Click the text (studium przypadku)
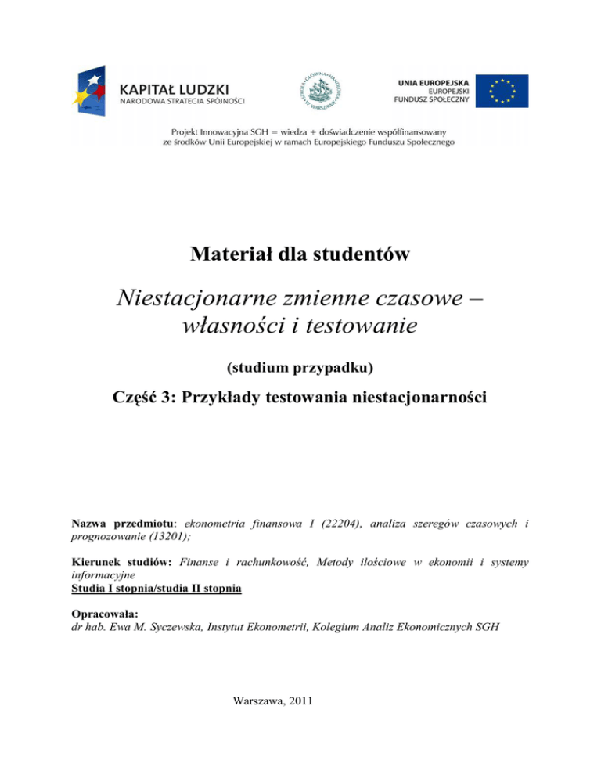(300, 367)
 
